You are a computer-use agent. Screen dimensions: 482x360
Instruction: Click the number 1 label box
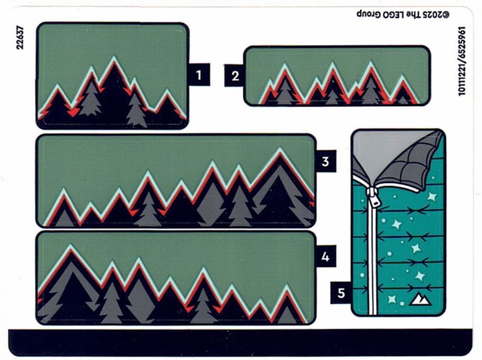199,75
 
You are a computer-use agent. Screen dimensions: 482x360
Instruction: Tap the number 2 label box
235,76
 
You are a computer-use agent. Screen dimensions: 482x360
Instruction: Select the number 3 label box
325,161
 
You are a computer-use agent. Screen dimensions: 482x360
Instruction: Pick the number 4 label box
325,256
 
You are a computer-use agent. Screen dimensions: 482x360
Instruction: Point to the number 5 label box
341,293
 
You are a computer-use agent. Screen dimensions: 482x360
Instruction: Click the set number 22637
20,37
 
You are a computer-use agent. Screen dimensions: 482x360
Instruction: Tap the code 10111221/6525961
462,61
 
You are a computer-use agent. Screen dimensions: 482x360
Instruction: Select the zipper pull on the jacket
374,197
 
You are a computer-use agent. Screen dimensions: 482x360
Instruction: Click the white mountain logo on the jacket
420,299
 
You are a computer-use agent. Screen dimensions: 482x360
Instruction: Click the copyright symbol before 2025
445,14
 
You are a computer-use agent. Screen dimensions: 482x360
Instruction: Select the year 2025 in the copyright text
431,14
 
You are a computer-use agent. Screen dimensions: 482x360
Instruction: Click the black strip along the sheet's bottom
240,343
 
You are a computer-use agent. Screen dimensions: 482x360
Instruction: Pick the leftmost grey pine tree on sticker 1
90,98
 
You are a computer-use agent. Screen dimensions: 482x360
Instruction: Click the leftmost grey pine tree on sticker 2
284,91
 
